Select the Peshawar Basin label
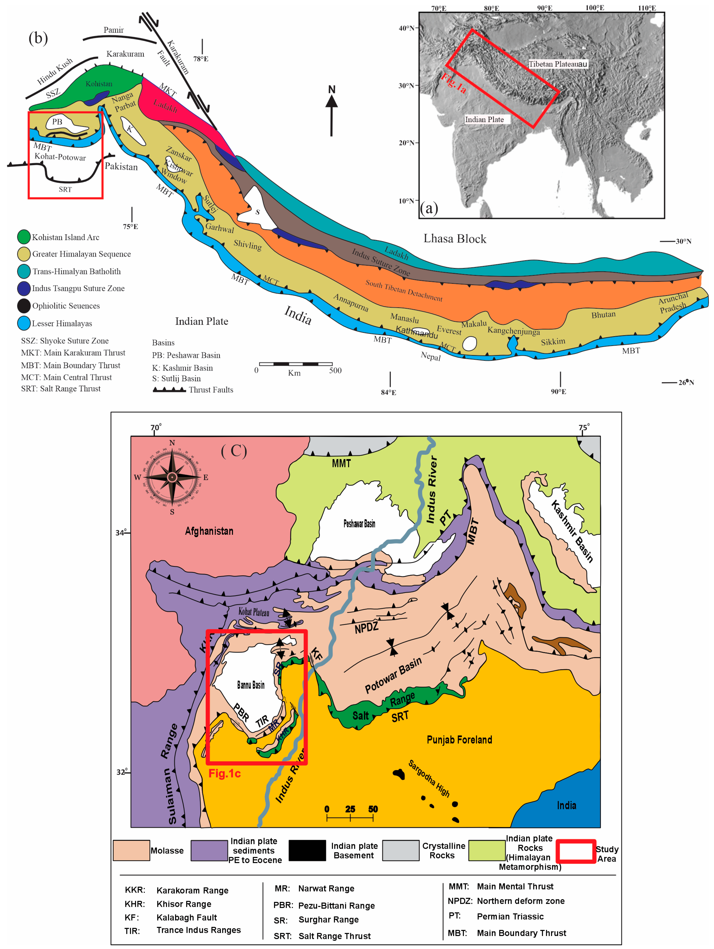(x=359, y=523)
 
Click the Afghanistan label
(x=209, y=531)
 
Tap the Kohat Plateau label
(x=254, y=612)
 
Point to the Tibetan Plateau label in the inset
(x=557, y=64)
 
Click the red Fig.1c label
(x=224, y=774)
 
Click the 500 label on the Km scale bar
(x=335, y=370)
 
